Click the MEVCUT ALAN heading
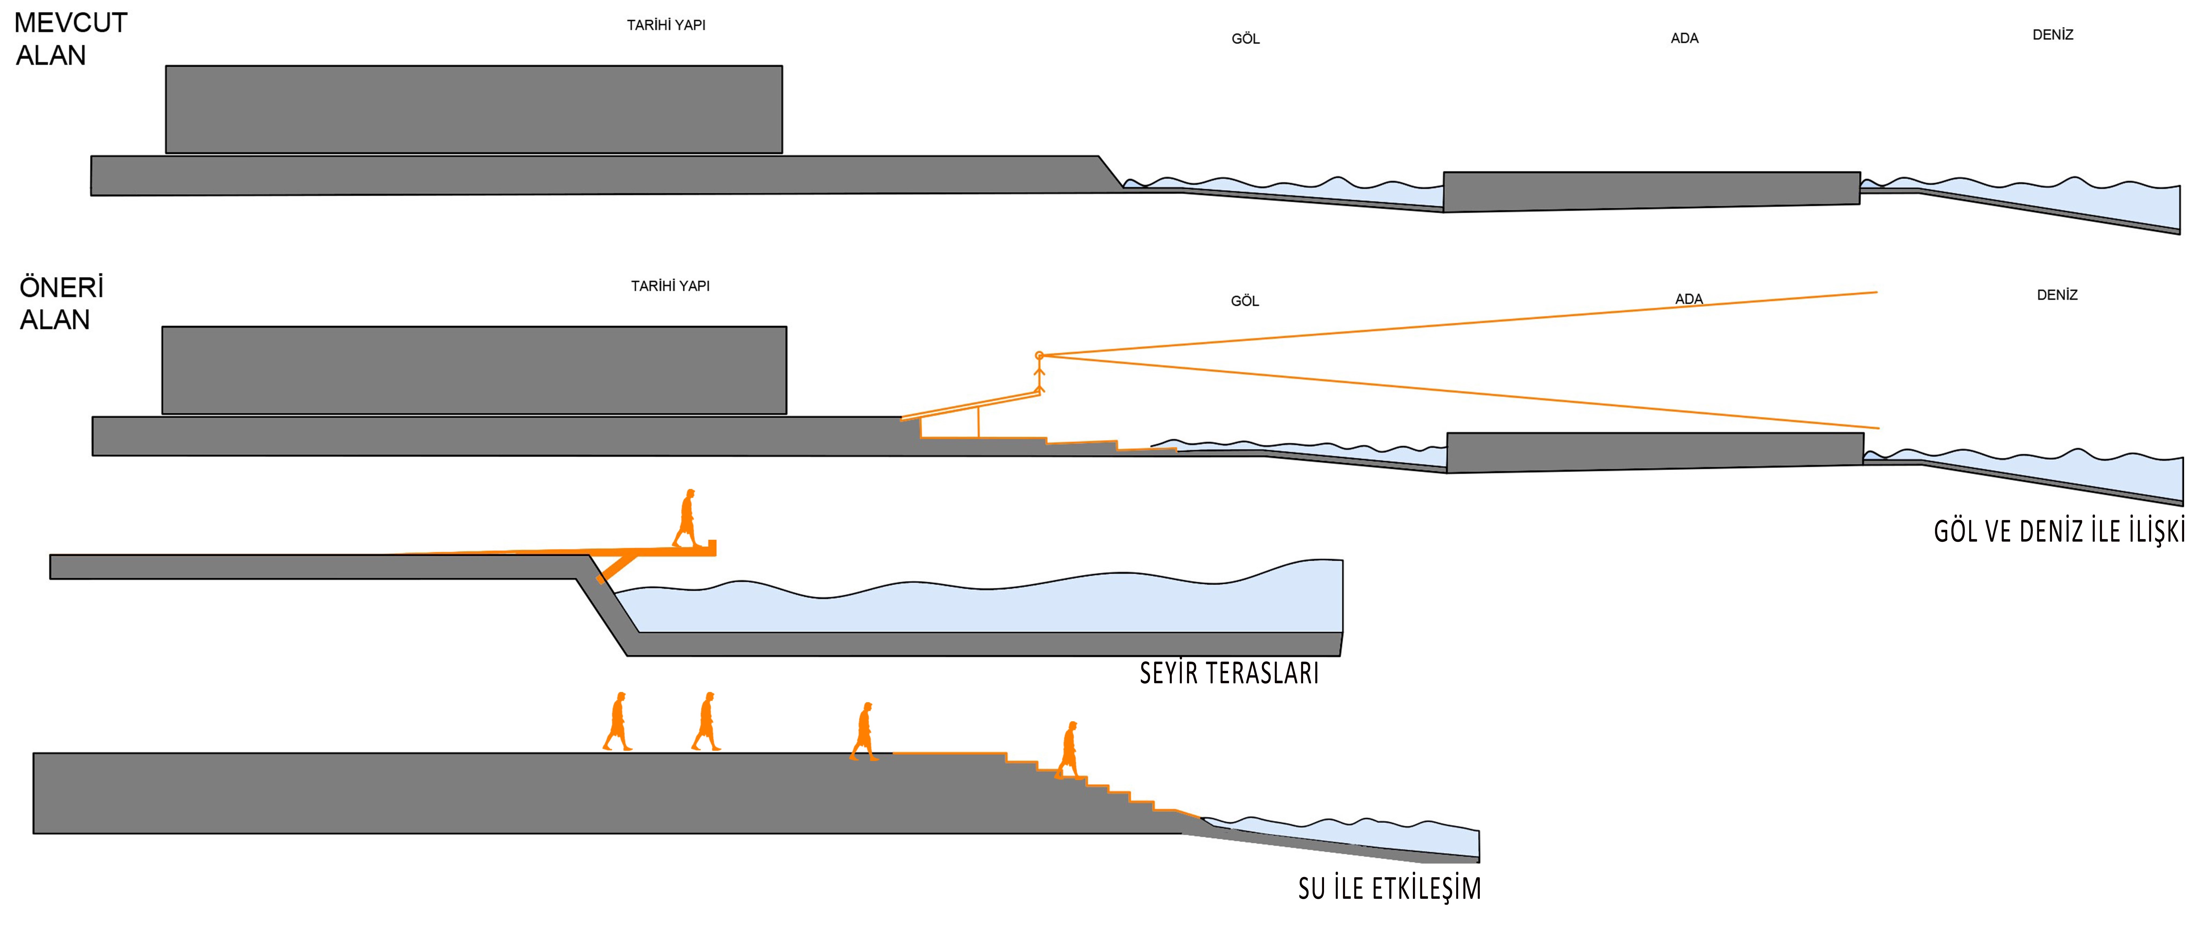tap(71, 38)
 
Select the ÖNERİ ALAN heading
tap(62, 303)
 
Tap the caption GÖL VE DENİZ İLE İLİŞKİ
tap(2059, 531)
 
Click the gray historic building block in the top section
tap(474, 110)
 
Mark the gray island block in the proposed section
tap(1655, 452)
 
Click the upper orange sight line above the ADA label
tap(1458, 323)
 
